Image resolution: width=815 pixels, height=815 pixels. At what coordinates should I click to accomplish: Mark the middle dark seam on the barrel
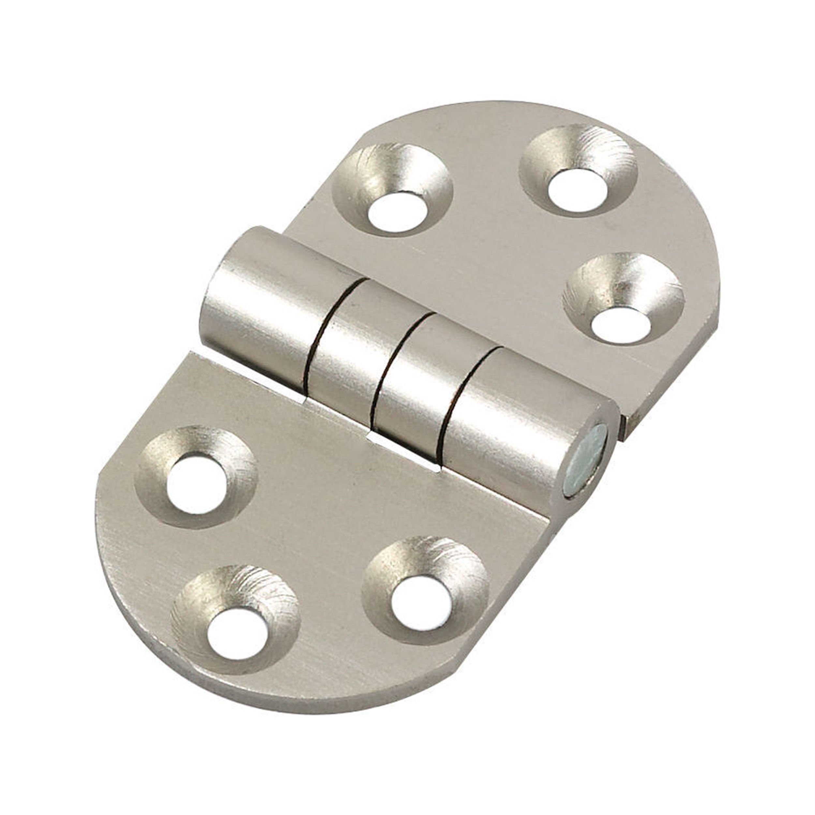(394, 363)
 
